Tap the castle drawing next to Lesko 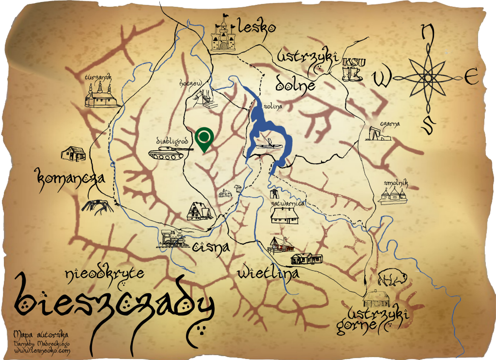click(224, 34)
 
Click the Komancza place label click(70, 178)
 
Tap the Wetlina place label click(268, 274)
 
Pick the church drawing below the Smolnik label click(393, 195)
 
